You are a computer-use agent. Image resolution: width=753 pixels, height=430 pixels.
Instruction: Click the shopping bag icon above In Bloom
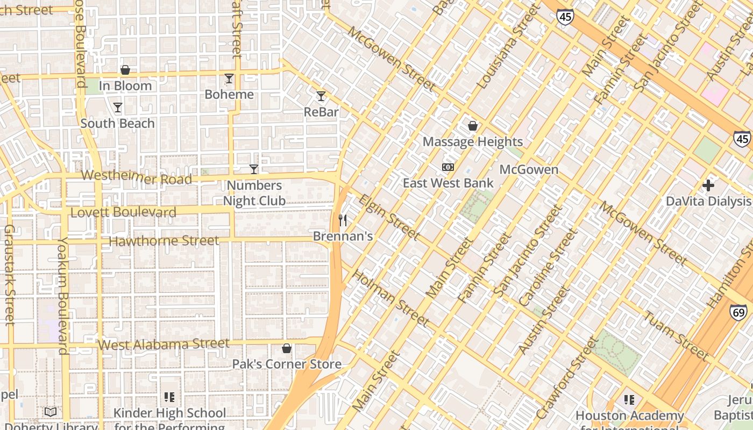click(125, 70)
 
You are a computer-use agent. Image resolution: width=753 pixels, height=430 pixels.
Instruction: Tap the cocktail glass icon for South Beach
click(118, 107)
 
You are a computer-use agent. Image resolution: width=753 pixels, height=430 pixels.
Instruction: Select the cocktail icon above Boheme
click(229, 79)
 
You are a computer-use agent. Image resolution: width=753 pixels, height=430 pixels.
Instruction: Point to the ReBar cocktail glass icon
click(321, 96)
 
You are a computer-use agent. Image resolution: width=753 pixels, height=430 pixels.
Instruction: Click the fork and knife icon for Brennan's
click(343, 220)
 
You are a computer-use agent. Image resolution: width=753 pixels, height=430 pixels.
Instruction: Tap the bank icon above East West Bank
click(448, 167)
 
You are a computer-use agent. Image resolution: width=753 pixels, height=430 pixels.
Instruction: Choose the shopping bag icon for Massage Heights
click(473, 126)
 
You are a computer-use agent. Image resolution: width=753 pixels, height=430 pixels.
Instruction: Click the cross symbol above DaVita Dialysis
click(708, 185)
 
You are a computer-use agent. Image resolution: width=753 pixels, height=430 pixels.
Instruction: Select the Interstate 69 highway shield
click(738, 312)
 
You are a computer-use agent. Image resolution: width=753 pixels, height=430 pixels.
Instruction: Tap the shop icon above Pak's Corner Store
click(287, 348)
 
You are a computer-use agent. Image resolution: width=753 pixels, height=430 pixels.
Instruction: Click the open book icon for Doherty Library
click(51, 412)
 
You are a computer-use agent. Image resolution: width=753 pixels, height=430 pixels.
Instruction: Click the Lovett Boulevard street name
click(123, 212)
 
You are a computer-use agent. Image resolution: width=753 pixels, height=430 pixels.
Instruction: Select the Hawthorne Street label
click(164, 241)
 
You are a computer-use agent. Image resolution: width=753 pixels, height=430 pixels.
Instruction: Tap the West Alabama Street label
click(165, 344)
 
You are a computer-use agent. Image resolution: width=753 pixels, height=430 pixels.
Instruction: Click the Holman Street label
click(390, 298)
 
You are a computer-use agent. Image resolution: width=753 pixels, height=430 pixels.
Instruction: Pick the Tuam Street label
click(676, 336)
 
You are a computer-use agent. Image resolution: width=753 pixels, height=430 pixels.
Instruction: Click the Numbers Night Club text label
click(254, 193)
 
